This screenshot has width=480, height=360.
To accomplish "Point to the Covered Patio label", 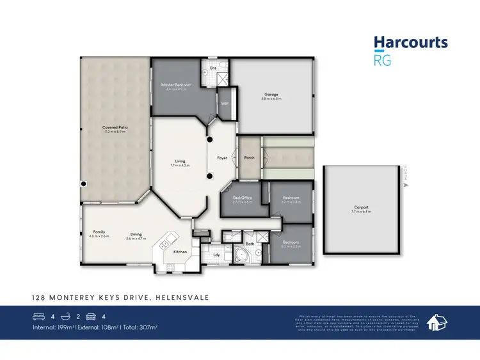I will tap(115, 127).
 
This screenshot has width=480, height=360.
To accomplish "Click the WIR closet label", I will tap(225, 103).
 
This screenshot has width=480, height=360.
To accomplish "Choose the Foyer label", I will tap(223, 157).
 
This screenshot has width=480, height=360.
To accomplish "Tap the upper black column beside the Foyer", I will tap(209, 139).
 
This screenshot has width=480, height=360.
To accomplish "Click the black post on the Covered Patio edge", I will tap(83, 184).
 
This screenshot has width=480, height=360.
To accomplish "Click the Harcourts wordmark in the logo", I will tap(410, 43).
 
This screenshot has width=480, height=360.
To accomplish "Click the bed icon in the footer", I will tap(39, 316).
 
